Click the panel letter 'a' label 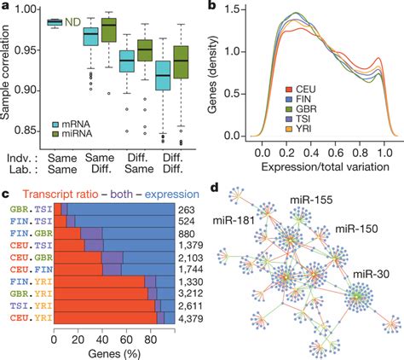pyautogui.click(x=5, y=7)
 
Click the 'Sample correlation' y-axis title pyautogui.click(x=8, y=73)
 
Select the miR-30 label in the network pyautogui.click(x=368, y=274)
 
